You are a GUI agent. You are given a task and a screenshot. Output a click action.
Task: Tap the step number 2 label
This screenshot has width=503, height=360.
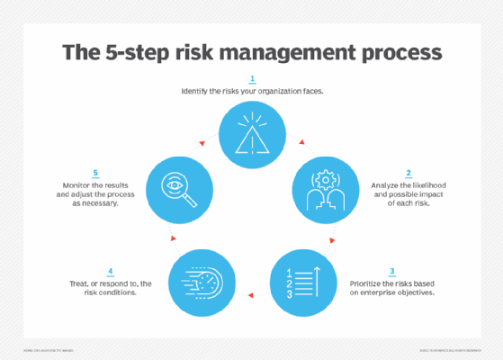coord(409,173)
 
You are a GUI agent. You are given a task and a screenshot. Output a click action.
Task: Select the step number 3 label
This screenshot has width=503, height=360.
coord(391,271)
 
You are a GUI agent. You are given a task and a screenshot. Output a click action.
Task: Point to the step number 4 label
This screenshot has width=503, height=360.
coord(110,271)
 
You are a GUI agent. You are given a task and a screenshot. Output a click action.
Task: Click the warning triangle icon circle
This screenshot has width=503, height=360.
coord(251,133)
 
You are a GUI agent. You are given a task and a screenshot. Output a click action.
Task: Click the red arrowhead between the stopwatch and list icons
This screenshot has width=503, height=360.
coord(253,292)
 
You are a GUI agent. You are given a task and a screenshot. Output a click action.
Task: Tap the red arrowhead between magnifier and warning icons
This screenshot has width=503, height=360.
coord(202,142)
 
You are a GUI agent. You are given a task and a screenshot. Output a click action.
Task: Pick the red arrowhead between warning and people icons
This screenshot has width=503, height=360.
coord(301,142)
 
